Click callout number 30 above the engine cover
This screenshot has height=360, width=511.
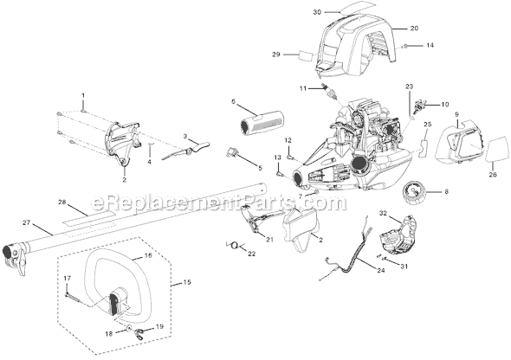click(292, 12)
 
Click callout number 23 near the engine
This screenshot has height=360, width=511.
click(410, 87)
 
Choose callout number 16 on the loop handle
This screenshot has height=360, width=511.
click(146, 257)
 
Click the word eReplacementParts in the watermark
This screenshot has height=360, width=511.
click(234, 202)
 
